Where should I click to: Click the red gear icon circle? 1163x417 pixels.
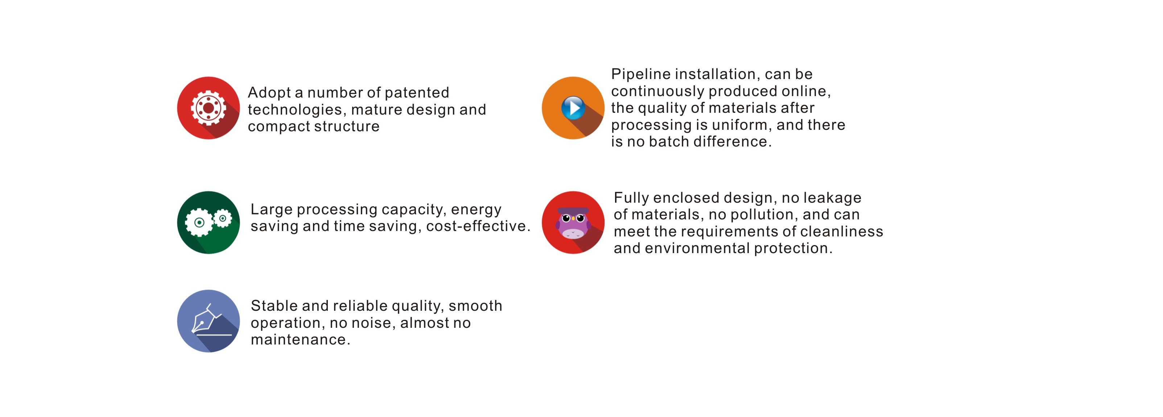point(208,108)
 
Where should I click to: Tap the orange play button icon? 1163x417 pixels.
point(573,108)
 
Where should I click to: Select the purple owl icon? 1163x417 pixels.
point(573,223)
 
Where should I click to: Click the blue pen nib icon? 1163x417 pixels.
point(208,321)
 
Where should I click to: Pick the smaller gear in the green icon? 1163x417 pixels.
point(223,218)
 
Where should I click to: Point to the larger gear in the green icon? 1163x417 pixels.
point(199,223)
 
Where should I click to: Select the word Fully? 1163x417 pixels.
point(631,198)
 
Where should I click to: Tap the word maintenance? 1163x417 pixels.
point(300,340)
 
